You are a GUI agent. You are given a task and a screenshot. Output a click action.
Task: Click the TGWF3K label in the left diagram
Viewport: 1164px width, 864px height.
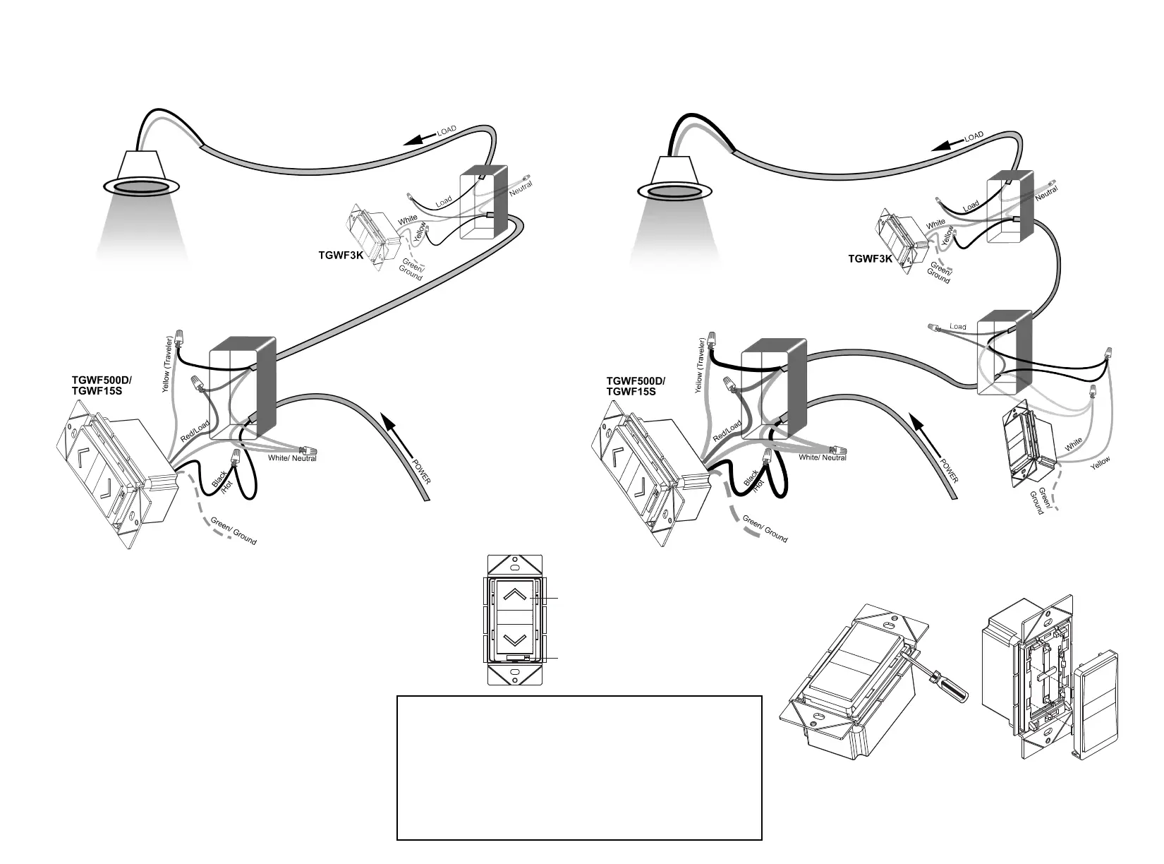point(341,255)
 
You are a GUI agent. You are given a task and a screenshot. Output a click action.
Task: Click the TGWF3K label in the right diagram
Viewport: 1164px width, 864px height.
point(870,259)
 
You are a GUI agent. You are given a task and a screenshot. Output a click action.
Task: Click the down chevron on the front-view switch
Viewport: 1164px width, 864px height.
point(516,639)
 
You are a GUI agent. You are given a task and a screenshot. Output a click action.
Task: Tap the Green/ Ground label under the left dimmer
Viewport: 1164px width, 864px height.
point(234,531)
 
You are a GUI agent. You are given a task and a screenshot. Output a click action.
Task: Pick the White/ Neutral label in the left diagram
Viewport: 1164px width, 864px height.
point(292,458)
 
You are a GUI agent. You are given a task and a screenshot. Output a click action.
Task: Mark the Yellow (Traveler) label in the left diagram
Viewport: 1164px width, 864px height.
point(168,364)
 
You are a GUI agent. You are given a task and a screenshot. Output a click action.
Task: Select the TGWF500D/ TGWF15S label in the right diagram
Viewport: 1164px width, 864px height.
point(636,386)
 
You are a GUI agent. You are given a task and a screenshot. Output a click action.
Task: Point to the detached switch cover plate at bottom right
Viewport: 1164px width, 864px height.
point(1101,705)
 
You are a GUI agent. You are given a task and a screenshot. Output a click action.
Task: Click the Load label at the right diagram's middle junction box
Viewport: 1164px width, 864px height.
point(957,327)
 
